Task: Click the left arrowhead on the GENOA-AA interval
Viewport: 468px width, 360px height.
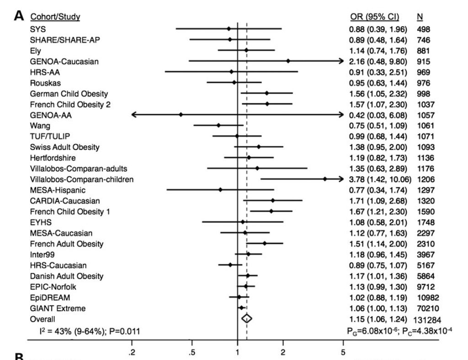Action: click(133, 115)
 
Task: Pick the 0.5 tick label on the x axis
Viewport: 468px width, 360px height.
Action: click(192, 351)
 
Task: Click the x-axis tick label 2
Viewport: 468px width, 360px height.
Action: click(283, 351)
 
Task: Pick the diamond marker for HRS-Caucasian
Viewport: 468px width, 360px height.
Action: click(230, 264)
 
